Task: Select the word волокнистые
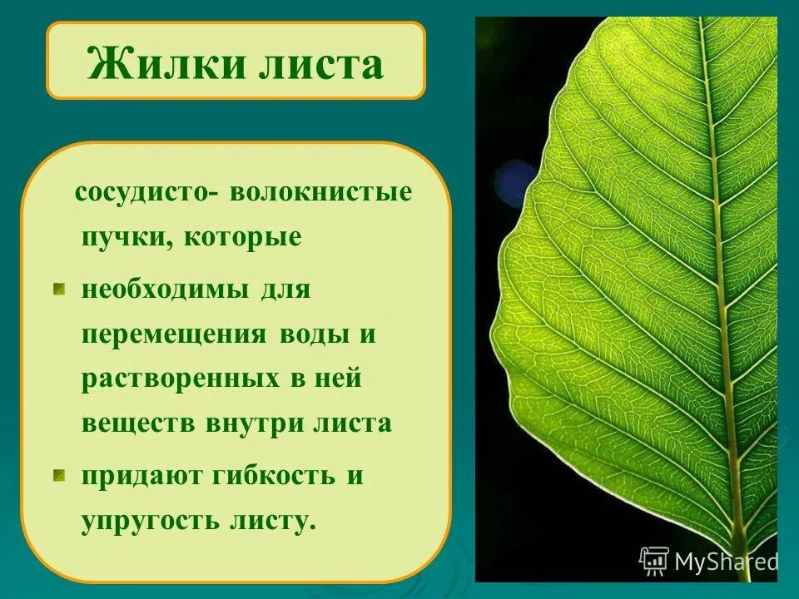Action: [321, 192]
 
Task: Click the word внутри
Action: [252, 423]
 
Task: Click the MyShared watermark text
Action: [725, 562]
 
